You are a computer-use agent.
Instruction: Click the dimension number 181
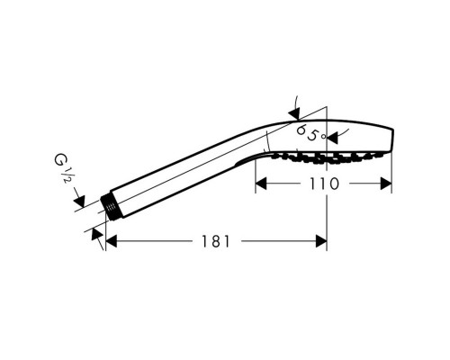[215, 241]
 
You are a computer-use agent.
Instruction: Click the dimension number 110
[324, 184]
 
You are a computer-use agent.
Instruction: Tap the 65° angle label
[310, 133]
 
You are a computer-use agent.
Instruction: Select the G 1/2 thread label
[62, 169]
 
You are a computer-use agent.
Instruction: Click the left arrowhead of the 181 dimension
[112, 241]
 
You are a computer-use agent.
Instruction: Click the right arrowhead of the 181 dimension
[321, 241]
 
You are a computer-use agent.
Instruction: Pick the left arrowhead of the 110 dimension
[261, 184]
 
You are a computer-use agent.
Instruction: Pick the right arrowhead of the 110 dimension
[386, 184]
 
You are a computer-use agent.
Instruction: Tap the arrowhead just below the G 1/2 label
[79, 201]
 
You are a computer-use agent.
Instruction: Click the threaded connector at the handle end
[111, 208]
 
